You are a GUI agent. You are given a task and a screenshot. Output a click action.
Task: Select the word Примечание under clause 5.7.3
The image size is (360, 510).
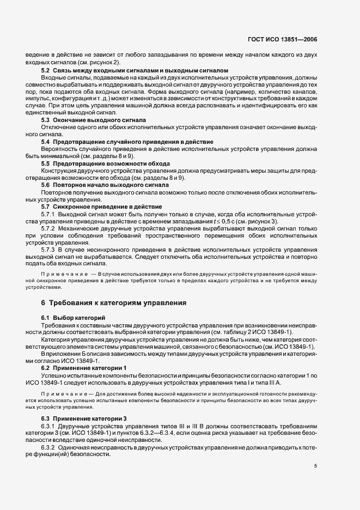[x=66, y=272]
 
